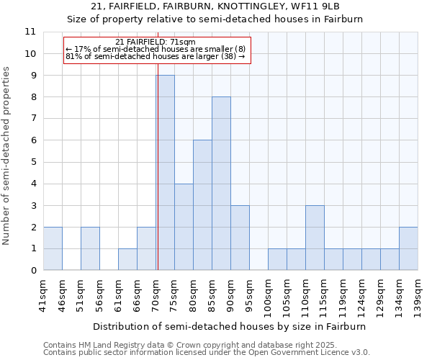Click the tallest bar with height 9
click(165, 173)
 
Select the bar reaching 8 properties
click(221, 184)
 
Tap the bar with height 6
click(202, 205)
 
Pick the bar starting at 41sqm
click(53, 248)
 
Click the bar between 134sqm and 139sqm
click(408, 248)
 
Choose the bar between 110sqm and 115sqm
click(315, 238)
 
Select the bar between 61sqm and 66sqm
click(127, 259)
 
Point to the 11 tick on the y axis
click(30, 32)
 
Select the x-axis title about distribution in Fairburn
click(230, 326)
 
